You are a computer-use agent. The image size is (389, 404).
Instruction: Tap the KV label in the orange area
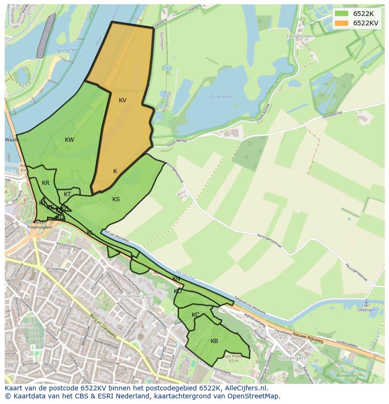point(123,100)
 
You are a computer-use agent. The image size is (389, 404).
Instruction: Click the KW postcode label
point(70,140)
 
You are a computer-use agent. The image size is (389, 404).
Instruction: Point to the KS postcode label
point(116,199)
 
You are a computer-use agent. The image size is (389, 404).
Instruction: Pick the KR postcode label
point(46,183)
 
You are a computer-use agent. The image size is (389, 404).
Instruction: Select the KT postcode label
point(68,195)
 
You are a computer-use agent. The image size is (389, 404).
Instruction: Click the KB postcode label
point(214,341)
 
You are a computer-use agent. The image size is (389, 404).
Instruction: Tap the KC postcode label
point(195,315)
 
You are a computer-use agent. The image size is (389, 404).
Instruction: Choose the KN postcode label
point(176,279)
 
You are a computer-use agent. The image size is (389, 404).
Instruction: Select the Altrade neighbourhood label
point(23,326)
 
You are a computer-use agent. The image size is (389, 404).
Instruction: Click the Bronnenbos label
point(347,375)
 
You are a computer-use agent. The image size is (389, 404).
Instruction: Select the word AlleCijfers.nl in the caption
point(244,389)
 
